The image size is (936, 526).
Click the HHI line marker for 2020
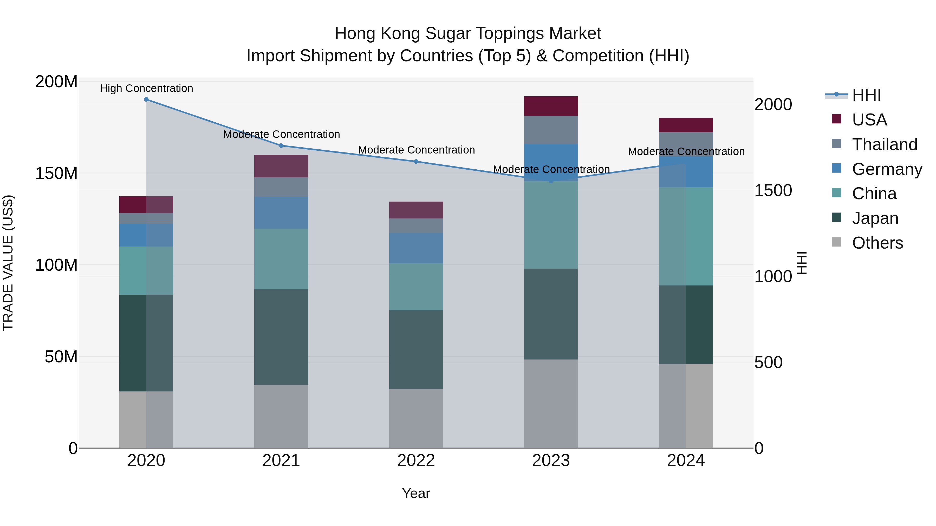(146, 99)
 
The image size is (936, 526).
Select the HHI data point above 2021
(281, 145)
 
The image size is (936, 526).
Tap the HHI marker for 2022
(416, 162)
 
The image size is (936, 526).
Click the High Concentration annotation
(146, 88)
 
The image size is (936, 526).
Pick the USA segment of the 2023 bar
(551, 106)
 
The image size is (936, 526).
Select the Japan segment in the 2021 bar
(281, 337)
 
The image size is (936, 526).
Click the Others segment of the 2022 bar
(416, 418)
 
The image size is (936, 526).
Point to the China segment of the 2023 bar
(551, 225)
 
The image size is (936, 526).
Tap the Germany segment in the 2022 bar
(416, 248)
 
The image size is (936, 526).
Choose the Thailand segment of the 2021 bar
(281, 187)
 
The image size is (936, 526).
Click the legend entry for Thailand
(885, 144)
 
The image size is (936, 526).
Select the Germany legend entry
(887, 169)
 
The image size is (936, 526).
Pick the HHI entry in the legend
(866, 95)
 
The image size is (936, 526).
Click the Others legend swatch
(836, 242)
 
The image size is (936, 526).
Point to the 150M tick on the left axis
(56, 174)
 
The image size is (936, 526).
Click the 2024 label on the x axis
(686, 461)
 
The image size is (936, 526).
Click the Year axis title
(416, 493)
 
